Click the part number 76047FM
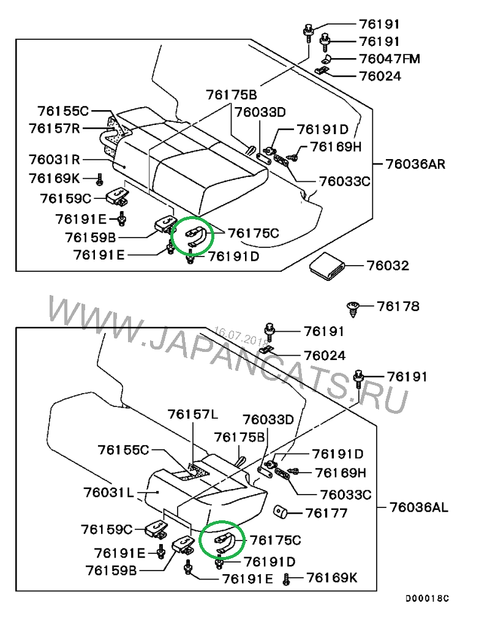pos(390,59)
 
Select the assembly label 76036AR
pos(415,164)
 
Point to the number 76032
pos(388,266)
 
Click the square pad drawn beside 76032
pos(327,266)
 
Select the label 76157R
pos(55,128)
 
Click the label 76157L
pos(192,415)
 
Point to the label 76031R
pos(55,160)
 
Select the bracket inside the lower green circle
pos(223,541)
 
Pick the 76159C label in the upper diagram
pos(66,198)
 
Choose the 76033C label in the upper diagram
pos(345,181)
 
